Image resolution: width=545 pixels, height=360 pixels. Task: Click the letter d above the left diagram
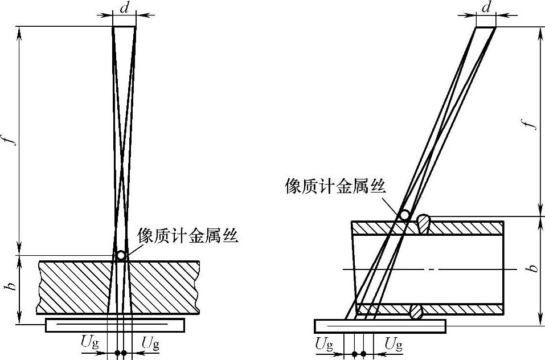[124, 8]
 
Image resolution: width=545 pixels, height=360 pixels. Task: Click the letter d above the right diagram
[486, 8]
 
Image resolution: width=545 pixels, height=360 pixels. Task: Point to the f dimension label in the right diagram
[532, 122]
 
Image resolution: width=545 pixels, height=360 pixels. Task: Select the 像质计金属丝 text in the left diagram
[187, 236]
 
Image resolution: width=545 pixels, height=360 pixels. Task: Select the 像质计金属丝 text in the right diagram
[335, 186]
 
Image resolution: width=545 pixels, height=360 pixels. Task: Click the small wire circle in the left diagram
[121, 255]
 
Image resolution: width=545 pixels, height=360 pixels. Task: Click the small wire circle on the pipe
[404, 215]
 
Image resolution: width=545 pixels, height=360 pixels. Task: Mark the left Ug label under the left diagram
[91, 343]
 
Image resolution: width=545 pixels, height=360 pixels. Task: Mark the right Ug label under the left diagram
[150, 343]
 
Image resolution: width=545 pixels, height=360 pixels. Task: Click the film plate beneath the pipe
[380, 326]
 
